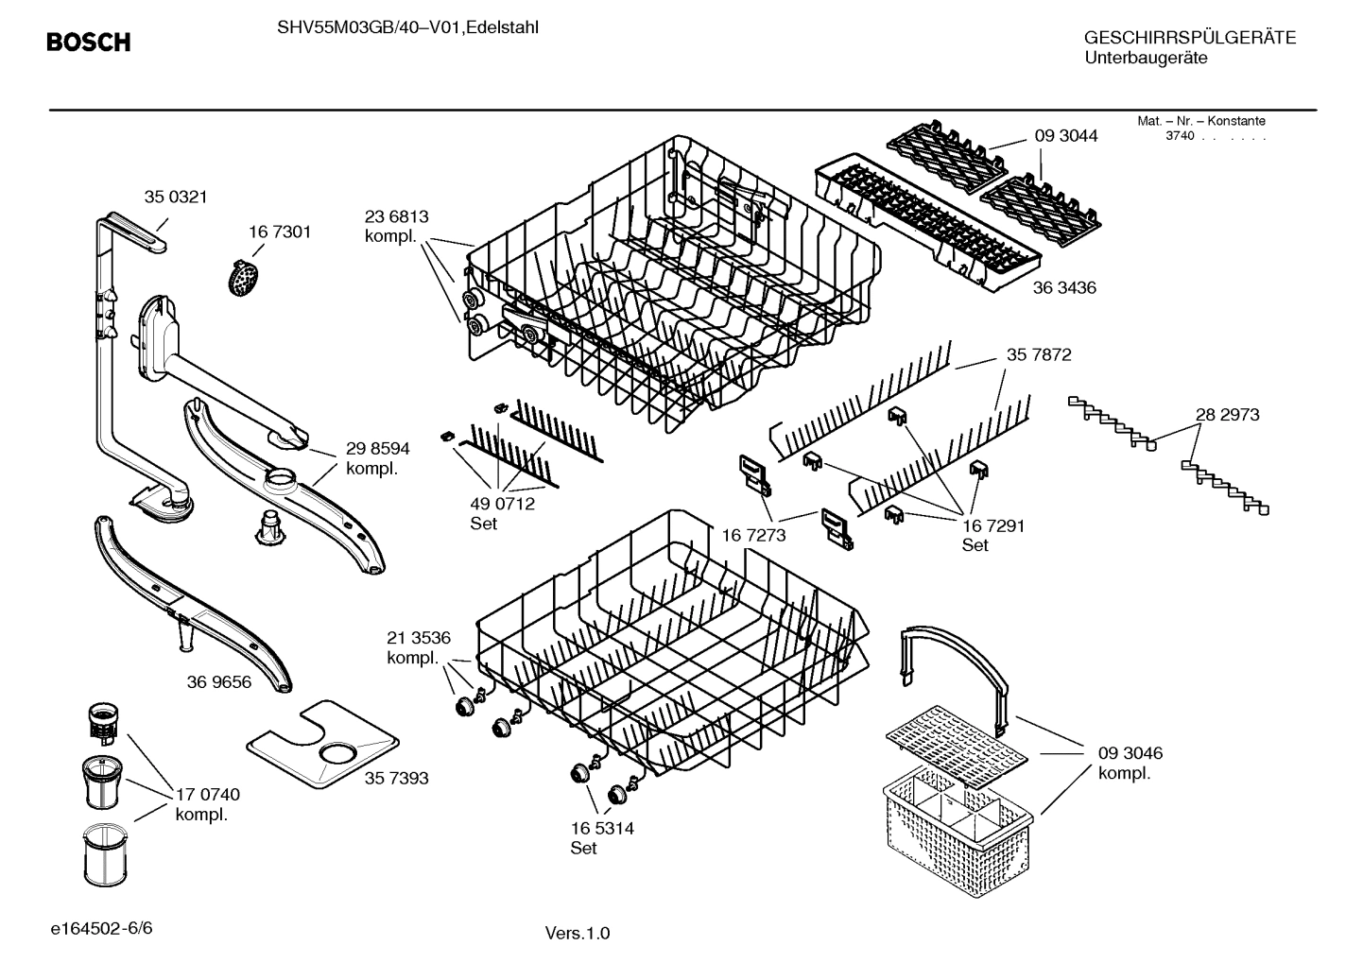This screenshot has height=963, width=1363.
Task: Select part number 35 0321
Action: [x=175, y=197]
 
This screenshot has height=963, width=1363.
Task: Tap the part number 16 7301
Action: [x=280, y=232]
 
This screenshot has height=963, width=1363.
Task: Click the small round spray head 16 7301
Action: [x=246, y=277]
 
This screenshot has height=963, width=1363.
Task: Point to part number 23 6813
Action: [x=396, y=216]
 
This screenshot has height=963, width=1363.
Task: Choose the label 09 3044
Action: [x=1066, y=136]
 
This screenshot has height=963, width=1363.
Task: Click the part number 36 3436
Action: [x=1064, y=287]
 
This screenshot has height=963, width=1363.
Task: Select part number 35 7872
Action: [x=1039, y=354]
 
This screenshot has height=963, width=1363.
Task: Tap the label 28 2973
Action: [x=1227, y=414]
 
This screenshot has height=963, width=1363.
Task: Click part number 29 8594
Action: [x=377, y=449]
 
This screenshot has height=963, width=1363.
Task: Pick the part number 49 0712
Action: [x=502, y=504]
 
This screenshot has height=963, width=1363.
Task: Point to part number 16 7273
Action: [x=753, y=536]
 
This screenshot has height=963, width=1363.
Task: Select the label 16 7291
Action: [x=993, y=525]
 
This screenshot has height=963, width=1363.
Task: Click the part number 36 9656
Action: [x=219, y=681]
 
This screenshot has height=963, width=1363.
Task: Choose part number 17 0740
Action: [x=208, y=795]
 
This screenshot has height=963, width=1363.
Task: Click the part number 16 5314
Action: [x=602, y=828]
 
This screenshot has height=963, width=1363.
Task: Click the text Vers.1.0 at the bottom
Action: [x=577, y=934]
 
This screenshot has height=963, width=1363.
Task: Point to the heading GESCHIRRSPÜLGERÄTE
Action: [x=1190, y=38]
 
